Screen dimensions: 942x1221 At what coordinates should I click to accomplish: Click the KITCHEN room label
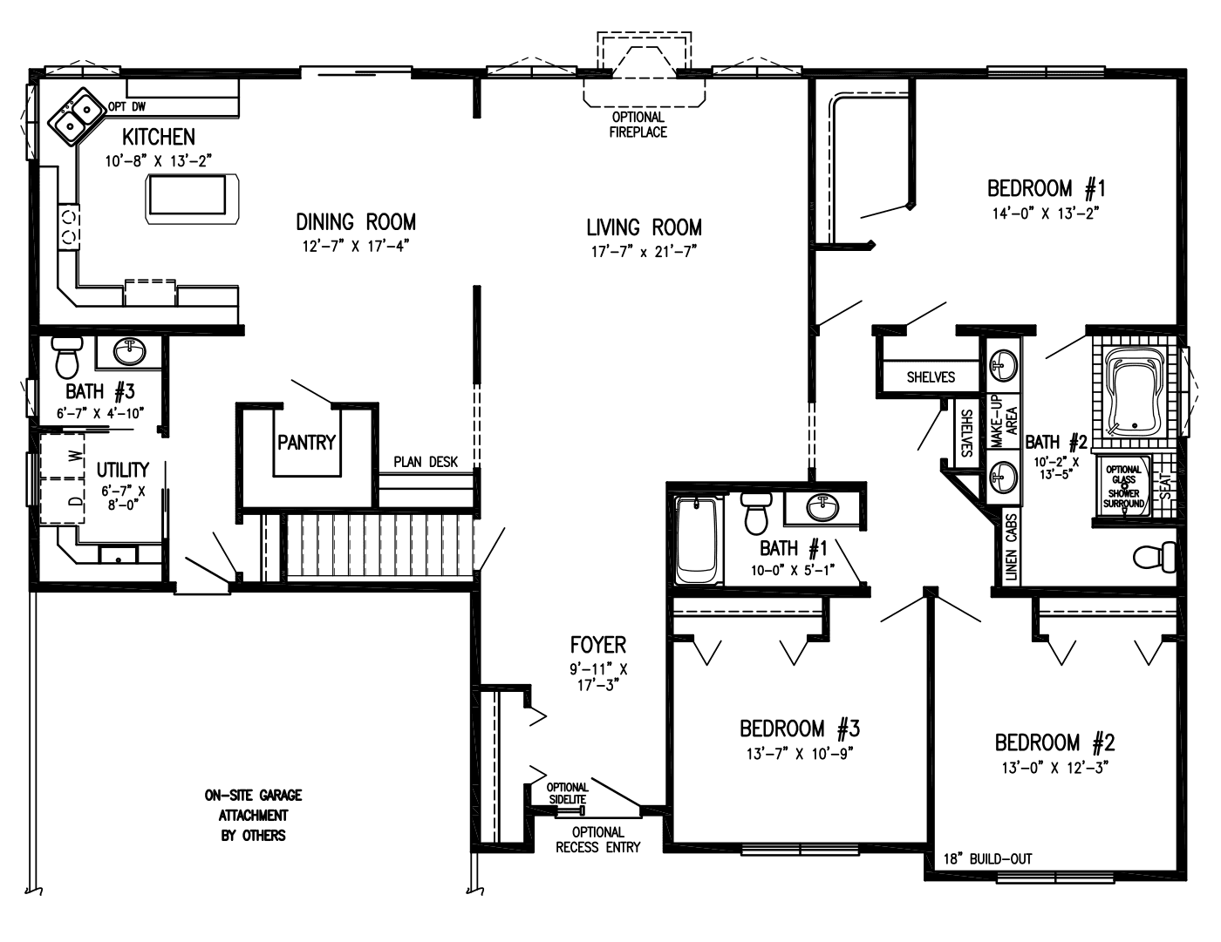pos(158,137)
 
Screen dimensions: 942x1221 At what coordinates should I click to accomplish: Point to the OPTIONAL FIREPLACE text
pos(638,125)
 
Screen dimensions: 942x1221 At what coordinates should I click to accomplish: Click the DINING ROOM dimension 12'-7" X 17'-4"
pos(356,246)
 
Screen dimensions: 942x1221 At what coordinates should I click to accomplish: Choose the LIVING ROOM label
pos(644,227)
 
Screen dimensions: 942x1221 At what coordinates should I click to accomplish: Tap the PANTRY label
pos(306,443)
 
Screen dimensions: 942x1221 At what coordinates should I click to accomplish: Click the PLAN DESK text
pos(425,462)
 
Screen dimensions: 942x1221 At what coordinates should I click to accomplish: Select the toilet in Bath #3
pos(66,356)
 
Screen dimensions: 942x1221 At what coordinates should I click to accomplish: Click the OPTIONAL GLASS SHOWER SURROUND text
pos(1123,486)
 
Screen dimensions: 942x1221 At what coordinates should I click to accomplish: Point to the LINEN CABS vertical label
pos(1011,547)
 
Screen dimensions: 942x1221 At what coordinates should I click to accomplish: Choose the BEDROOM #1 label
pos(1047,187)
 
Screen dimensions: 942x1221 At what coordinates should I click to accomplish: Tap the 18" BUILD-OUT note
pos(988,858)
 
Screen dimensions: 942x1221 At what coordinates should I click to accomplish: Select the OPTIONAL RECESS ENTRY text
pos(598,839)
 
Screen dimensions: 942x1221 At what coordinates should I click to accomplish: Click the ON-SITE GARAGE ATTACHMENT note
pos(253,815)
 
